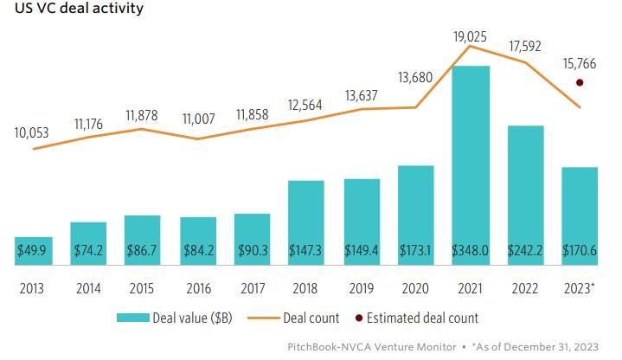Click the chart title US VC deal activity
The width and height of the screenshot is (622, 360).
point(74,10)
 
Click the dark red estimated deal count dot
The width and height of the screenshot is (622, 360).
point(580,83)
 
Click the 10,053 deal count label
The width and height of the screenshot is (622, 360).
point(32,133)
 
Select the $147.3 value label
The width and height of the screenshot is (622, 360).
point(306,250)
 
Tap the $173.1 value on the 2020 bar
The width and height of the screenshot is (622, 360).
point(416,250)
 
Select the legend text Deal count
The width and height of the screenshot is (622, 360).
point(311,318)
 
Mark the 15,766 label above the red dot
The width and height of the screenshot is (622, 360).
point(579,63)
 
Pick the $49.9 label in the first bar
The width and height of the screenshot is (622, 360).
point(34,250)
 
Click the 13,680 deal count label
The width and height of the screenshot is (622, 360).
point(416,79)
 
